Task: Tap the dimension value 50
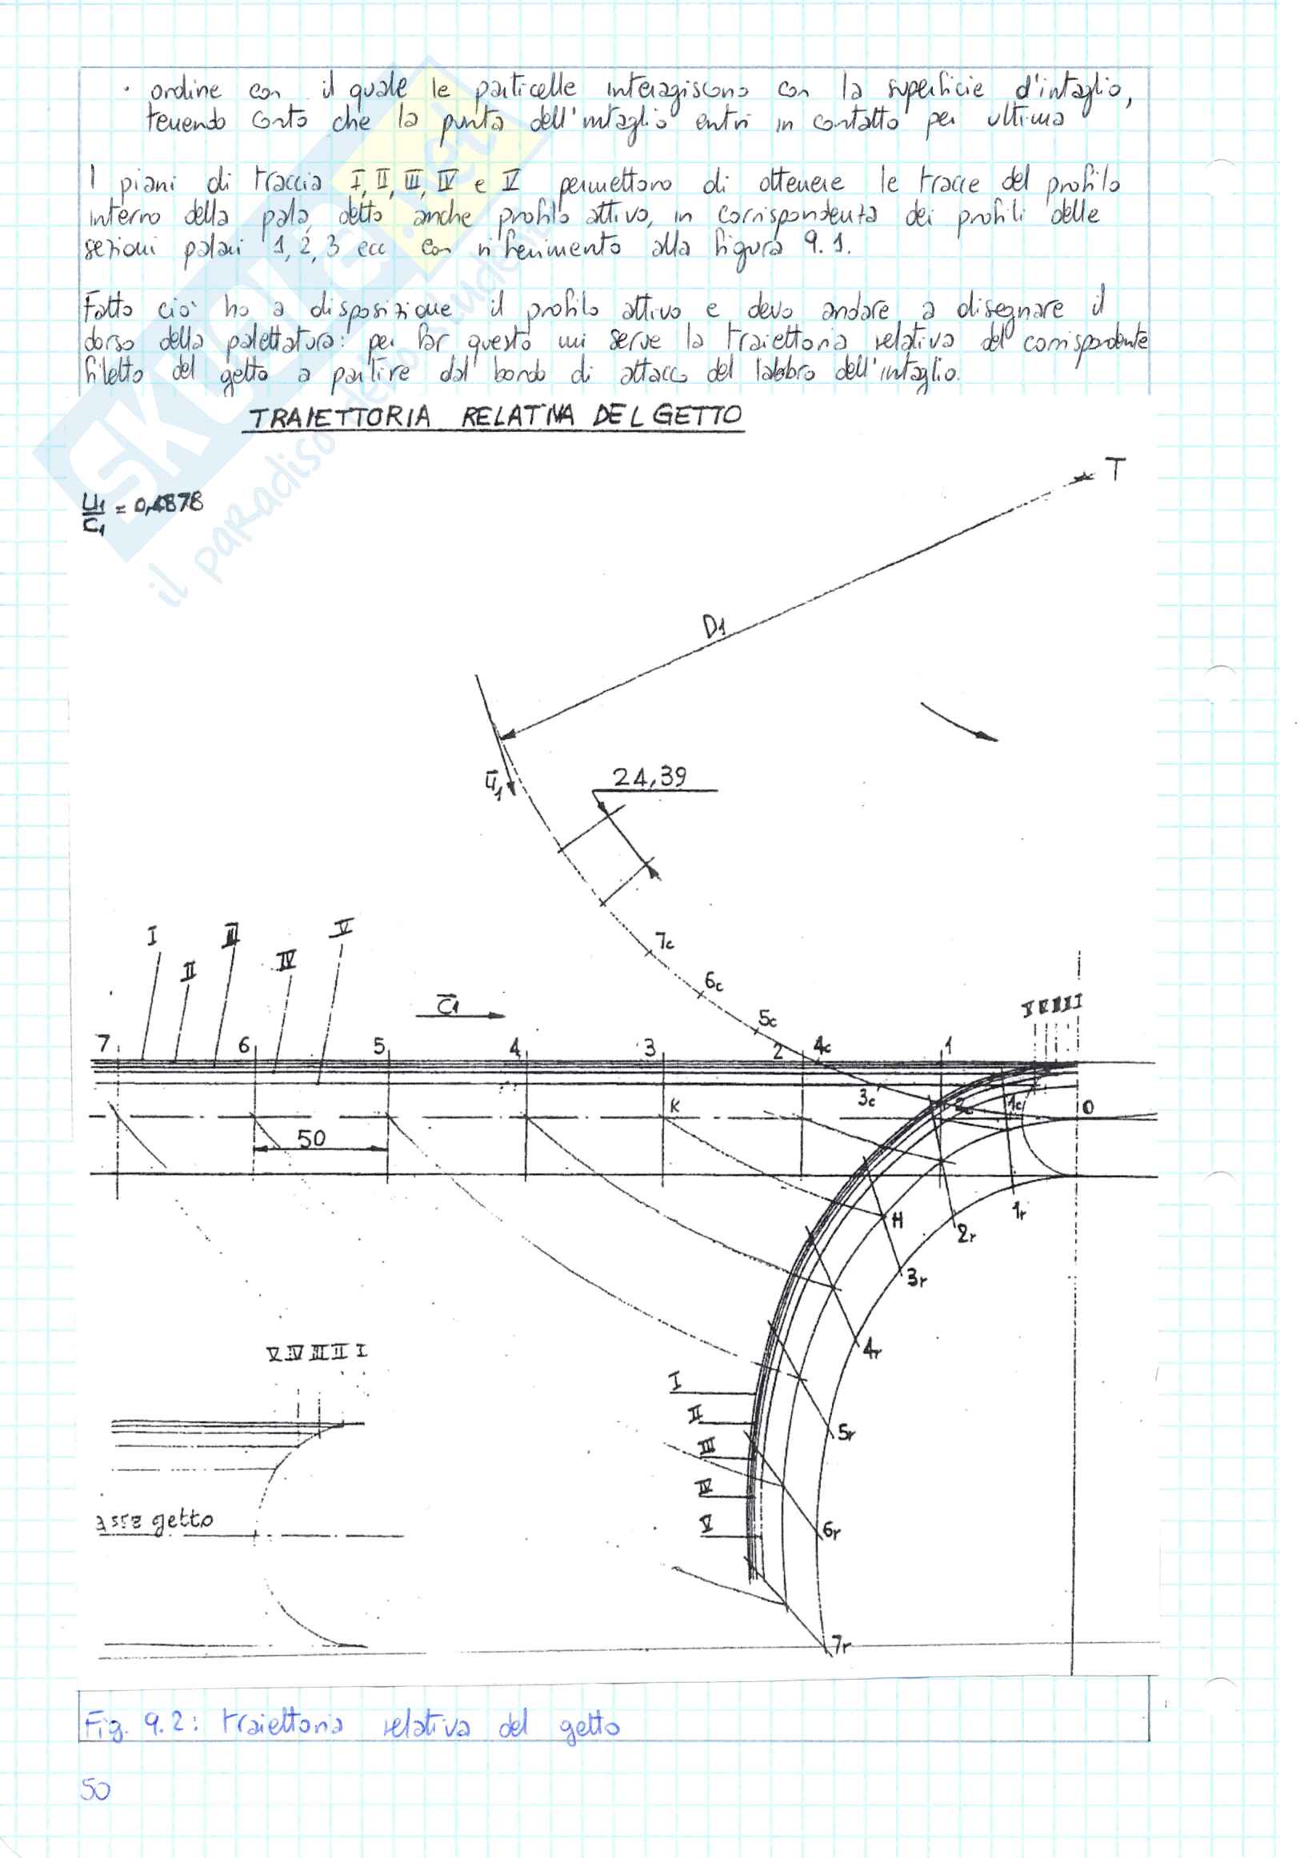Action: click(311, 1139)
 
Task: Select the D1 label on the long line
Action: click(714, 626)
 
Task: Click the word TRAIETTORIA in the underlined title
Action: click(340, 418)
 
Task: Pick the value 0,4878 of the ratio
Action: click(168, 503)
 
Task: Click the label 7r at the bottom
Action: click(841, 1645)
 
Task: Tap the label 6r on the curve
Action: click(831, 1530)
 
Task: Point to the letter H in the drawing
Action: click(898, 1221)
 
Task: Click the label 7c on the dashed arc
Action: click(665, 941)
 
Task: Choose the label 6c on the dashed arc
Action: click(713, 981)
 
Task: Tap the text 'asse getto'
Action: click(154, 1520)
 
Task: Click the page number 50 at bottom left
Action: click(94, 1790)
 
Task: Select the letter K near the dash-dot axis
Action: click(674, 1105)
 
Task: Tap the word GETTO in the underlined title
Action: click(697, 415)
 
